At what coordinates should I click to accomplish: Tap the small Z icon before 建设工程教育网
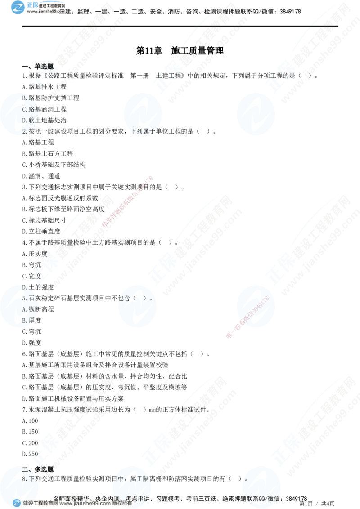click(x=17, y=503)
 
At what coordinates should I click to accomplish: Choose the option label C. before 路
click(x=25, y=109)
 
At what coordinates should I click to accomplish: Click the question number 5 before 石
click(x=24, y=298)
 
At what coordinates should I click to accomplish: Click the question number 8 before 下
click(x=24, y=479)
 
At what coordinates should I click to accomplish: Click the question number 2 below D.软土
click(x=24, y=131)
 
